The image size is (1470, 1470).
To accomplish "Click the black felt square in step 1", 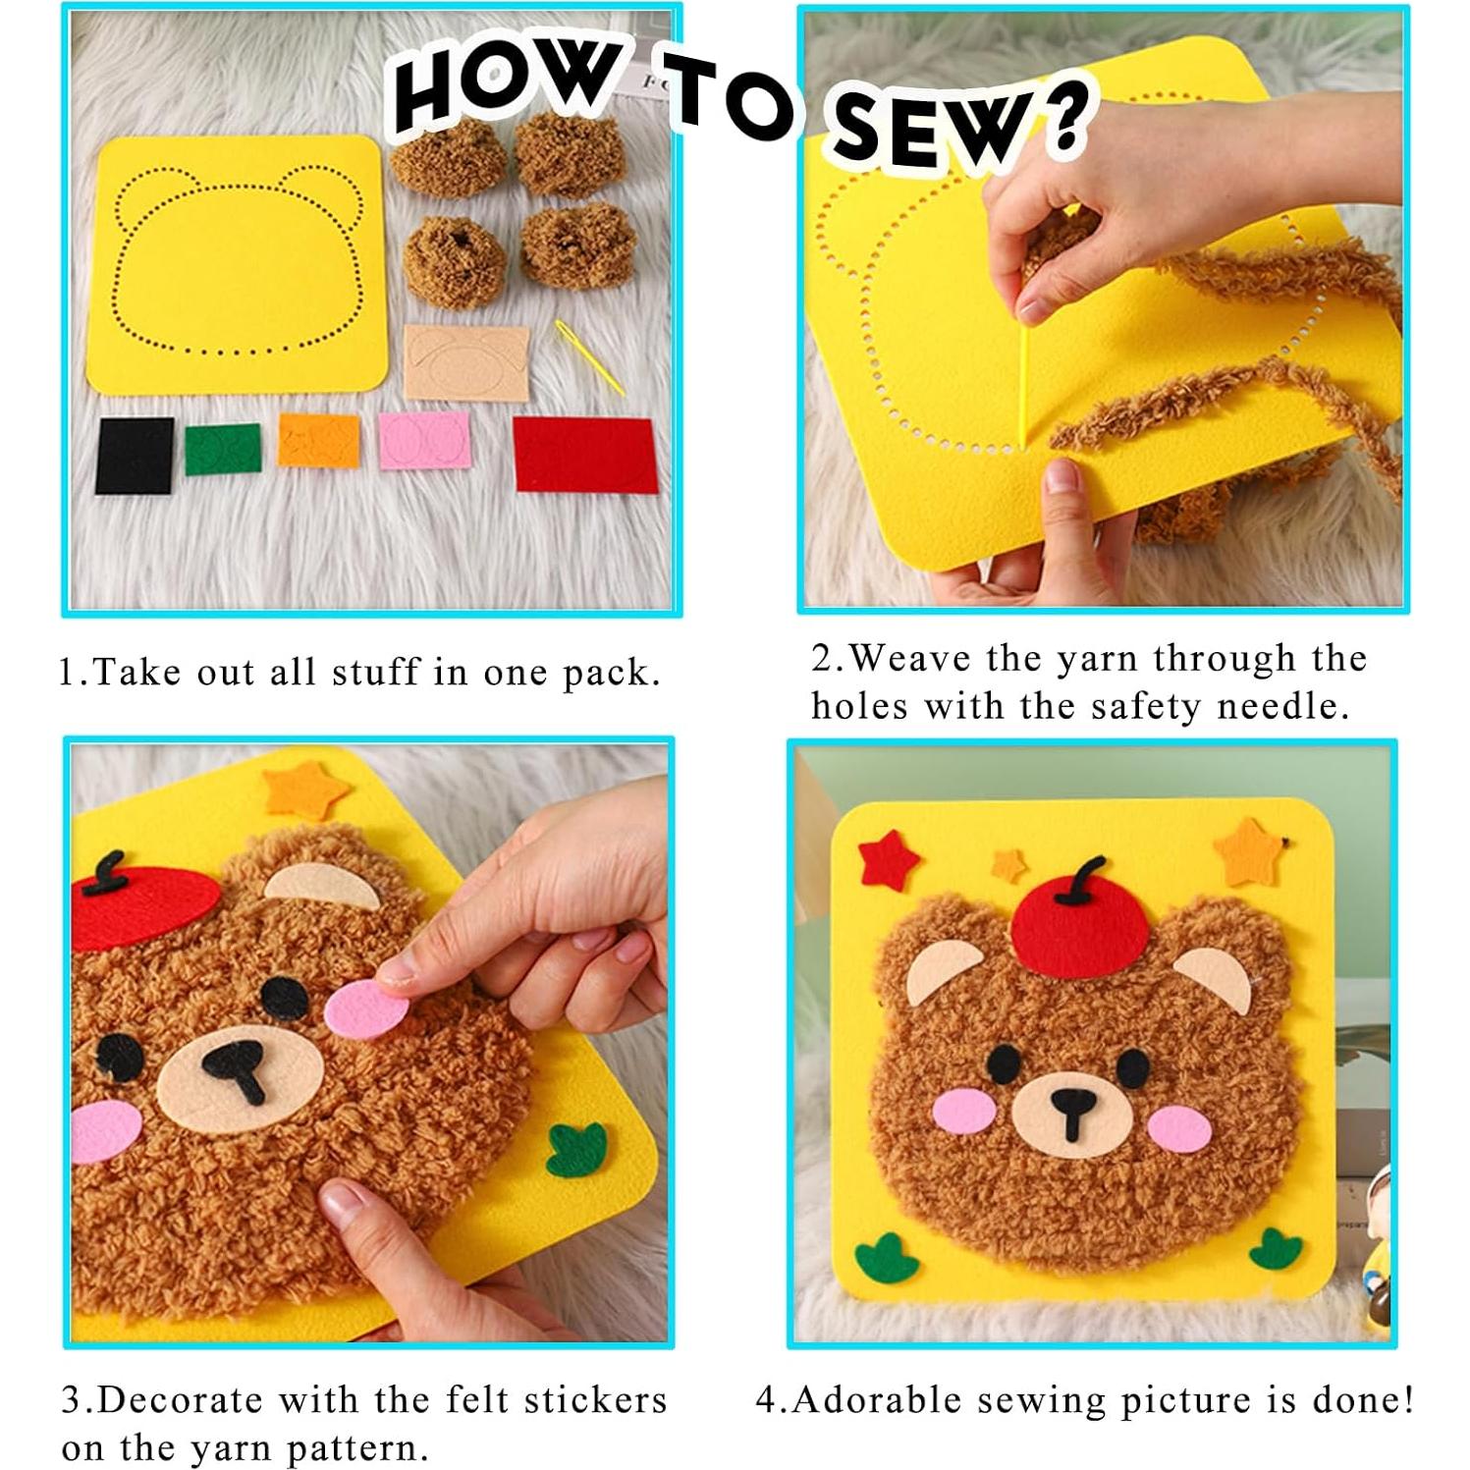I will click(x=135, y=455).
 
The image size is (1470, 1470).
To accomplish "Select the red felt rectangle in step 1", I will click(x=584, y=453).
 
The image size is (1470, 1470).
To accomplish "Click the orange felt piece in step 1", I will click(x=319, y=439).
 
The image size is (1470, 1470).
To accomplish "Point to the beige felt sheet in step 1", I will click(x=465, y=361).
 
